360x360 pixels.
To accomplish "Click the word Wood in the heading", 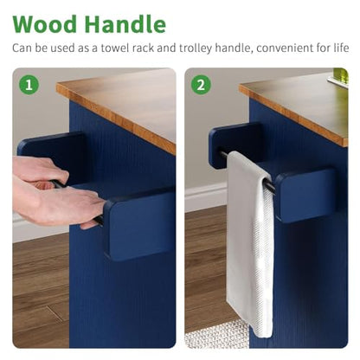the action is pos(45,24).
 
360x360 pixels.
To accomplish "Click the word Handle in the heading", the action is pos(125,23).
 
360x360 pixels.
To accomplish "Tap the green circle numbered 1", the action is pos(29,85).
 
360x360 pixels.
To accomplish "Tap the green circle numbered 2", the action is pos(201,85).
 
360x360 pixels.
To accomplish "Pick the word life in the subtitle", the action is pos(342,48).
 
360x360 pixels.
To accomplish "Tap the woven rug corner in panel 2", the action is pos(217,335).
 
